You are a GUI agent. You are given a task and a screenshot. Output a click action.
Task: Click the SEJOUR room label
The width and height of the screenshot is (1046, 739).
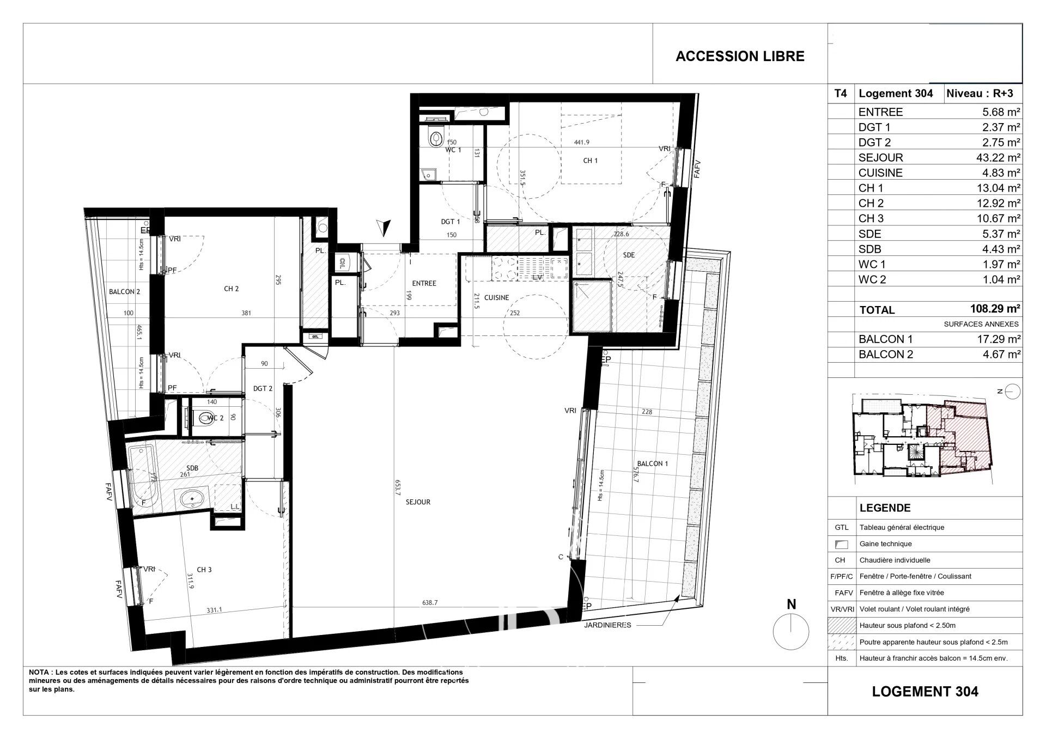(x=418, y=502)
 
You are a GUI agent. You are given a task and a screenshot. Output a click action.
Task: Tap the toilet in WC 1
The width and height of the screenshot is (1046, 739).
(x=435, y=139)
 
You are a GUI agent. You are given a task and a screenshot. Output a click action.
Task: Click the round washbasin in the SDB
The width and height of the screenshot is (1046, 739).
(x=191, y=498)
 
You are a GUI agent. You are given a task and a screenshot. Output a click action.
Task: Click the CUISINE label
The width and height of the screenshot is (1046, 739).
(x=496, y=298)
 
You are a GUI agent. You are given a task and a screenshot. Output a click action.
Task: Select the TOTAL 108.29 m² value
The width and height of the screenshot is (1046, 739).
(x=995, y=309)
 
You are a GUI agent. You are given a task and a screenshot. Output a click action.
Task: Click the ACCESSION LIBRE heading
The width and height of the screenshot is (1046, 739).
(x=740, y=57)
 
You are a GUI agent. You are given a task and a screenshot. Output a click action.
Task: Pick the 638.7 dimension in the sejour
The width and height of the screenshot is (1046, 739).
(x=430, y=603)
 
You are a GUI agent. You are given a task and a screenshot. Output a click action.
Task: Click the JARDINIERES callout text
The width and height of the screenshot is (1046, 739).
(x=608, y=625)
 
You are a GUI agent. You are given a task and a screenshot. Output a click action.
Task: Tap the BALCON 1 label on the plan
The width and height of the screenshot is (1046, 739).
(x=652, y=463)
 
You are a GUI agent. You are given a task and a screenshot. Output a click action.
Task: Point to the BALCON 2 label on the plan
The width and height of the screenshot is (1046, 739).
(x=124, y=292)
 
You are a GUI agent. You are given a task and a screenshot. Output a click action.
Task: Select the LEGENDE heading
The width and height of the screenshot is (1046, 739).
(x=884, y=508)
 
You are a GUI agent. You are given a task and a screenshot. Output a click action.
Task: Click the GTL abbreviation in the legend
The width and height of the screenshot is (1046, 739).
(x=841, y=527)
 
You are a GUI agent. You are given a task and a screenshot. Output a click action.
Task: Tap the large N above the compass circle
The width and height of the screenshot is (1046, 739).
(x=792, y=604)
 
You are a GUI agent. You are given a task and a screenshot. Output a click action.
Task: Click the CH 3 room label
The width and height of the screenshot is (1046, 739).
(x=204, y=570)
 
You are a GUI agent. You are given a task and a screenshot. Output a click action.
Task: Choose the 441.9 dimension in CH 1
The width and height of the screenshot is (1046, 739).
(x=582, y=143)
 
